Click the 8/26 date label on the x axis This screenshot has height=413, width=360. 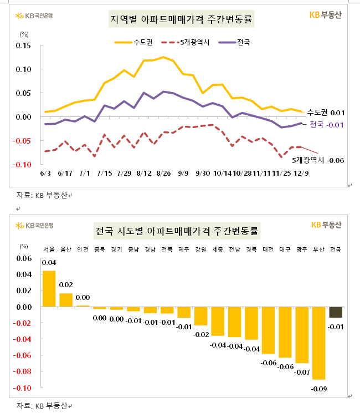click(163, 174)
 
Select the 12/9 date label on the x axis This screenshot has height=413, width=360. click(302, 174)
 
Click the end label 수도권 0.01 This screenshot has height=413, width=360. click(326, 113)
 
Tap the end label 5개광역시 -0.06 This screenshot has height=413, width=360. click(318, 160)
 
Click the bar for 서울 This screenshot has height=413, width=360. click(49, 288)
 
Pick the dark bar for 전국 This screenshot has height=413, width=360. click(336, 312)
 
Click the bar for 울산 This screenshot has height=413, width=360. click(66, 300)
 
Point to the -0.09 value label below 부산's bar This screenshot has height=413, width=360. click(318, 389)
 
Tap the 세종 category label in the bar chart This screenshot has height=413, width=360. click(218, 249)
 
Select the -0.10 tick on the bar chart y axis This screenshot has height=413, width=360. click(24, 387)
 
